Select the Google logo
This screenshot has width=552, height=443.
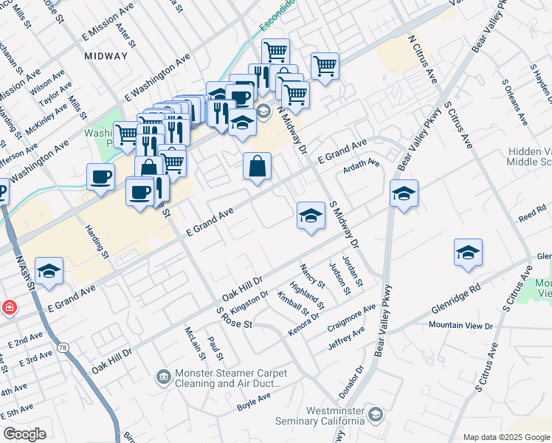pyautogui.click(x=25, y=434)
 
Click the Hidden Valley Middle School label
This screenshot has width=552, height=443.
pyautogui.click(x=529, y=157)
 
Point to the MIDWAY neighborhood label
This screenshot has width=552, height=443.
pyautogui.click(x=106, y=56)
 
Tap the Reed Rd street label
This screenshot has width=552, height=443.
pyautogui.click(x=531, y=216)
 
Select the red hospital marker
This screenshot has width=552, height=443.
pyautogui.click(x=7, y=307)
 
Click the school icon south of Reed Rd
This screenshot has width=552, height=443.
pyautogui.click(x=468, y=253)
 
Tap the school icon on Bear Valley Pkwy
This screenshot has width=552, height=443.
pyautogui.click(x=404, y=194)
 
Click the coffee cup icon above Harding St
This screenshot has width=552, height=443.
pyautogui.click(x=100, y=176)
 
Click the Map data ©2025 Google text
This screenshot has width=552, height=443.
pyautogui.click(x=506, y=437)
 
